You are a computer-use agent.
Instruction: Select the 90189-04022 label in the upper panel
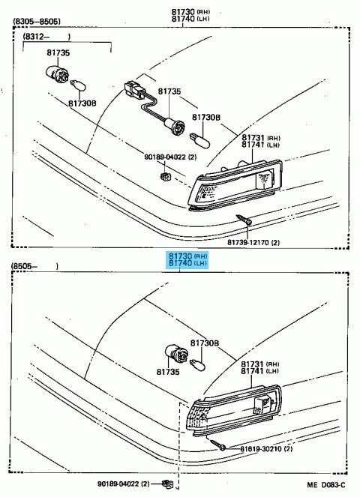[x=170, y=157]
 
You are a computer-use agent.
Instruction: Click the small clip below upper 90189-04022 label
[x=165, y=176]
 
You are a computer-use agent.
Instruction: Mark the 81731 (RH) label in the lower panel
[x=259, y=363]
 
